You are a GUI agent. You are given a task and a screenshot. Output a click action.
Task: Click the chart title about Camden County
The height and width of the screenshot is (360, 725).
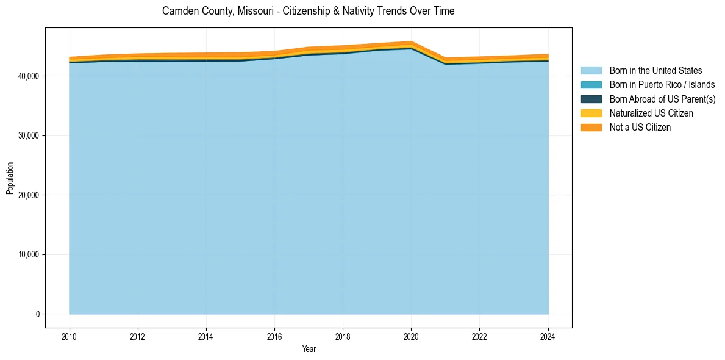click(308, 11)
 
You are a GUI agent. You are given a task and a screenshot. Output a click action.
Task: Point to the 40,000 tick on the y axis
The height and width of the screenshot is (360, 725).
click(29, 76)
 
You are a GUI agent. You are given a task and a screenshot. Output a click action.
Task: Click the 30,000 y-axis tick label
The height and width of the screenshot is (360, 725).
click(29, 135)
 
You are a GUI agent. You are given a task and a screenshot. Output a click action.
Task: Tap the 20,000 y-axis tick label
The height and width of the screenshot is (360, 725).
click(29, 195)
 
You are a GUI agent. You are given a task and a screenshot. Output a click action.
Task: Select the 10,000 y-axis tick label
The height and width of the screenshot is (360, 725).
click(29, 254)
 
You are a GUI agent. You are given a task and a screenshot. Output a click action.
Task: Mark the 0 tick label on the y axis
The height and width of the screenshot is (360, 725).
click(37, 314)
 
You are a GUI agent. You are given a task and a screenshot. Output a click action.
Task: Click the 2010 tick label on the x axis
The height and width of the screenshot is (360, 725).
click(70, 336)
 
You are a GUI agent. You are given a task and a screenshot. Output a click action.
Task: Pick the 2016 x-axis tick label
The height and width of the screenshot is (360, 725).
click(274, 336)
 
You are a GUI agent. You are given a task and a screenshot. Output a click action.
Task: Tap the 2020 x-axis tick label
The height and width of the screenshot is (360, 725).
click(411, 336)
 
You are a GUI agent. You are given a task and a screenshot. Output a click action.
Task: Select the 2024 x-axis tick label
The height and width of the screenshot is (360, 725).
click(548, 336)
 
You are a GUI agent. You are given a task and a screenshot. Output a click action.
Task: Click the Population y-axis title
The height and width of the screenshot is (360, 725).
click(10, 178)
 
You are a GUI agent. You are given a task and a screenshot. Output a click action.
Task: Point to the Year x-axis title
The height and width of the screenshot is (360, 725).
click(309, 349)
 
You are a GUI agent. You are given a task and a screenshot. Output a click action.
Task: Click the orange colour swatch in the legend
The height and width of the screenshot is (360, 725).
click(591, 128)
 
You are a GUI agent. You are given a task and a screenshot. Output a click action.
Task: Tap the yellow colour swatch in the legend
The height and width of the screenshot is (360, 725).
click(591, 113)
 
